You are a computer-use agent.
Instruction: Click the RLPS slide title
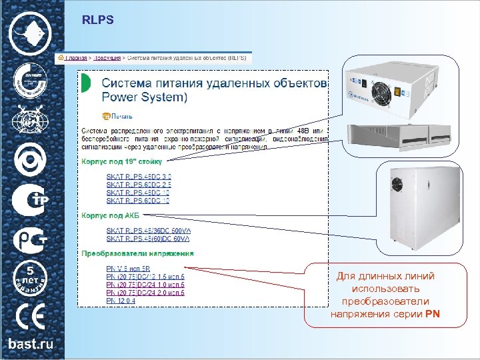[98, 21]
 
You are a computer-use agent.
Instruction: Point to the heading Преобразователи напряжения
[138, 253]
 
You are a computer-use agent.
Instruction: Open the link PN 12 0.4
[121, 301]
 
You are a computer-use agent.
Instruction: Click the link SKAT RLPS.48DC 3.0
[139, 177]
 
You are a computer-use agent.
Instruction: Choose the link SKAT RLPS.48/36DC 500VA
[148, 230]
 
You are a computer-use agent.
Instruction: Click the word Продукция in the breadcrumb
[107, 58]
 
